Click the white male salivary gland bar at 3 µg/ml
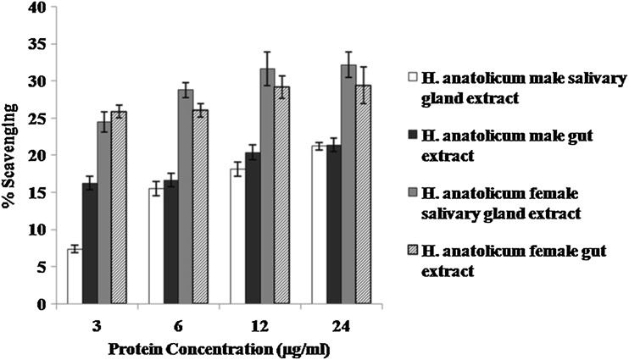coord(74,276)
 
